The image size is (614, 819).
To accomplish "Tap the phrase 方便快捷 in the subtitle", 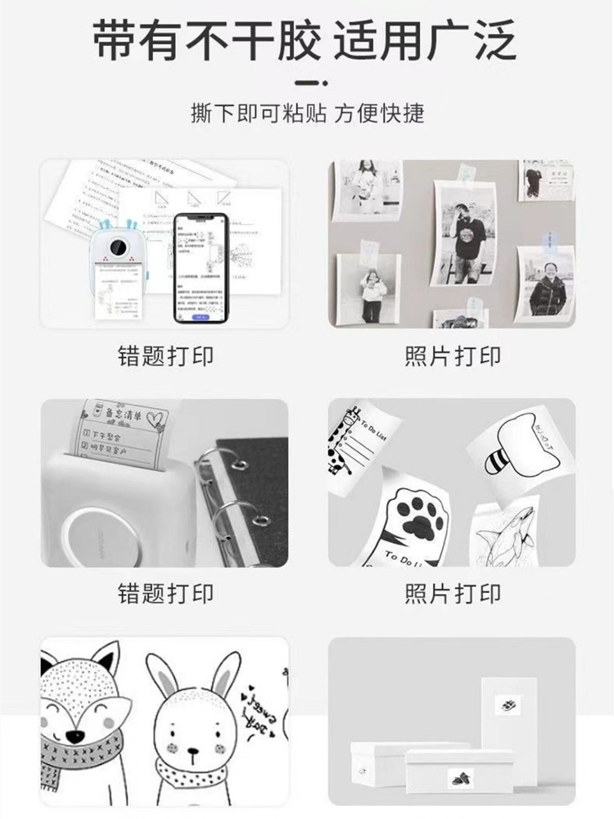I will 380,112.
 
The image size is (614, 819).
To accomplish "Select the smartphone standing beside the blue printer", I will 199,267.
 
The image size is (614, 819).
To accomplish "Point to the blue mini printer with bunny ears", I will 116,270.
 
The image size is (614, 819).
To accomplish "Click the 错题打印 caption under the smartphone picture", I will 165,357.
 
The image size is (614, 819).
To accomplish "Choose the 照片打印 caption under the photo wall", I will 452,357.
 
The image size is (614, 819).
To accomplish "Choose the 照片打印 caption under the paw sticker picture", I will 452,593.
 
